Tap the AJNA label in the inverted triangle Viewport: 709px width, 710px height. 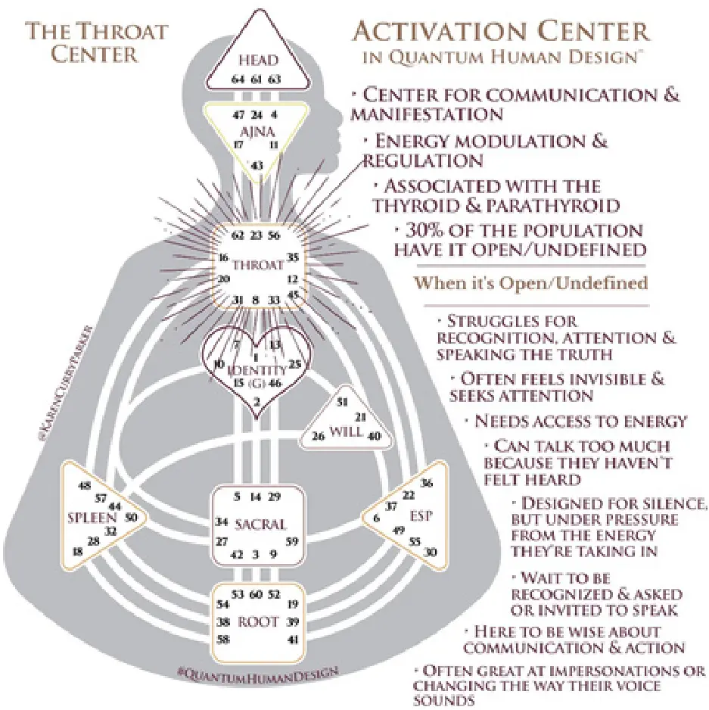[x=257, y=130]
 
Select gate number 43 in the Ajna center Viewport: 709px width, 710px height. [x=257, y=165]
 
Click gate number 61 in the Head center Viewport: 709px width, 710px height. [x=257, y=78]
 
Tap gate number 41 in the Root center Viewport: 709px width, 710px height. [x=294, y=640]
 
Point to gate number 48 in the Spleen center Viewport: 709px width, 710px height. [x=85, y=485]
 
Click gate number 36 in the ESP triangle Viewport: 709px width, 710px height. [x=426, y=483]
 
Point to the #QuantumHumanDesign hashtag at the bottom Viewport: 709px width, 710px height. [x=257, y=671]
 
